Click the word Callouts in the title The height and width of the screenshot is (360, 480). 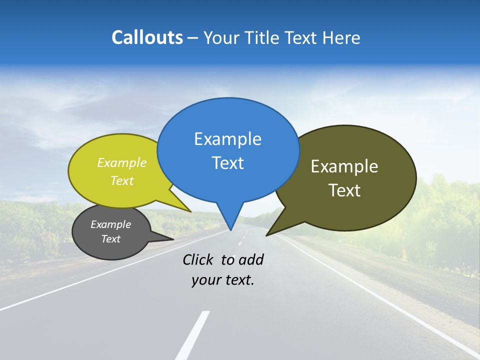(147, 37)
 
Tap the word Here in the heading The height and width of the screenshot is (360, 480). (341, 37)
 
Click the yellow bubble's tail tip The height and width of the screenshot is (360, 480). (190, 211)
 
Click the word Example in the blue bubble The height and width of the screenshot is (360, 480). (227, 139)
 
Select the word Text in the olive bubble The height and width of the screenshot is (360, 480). (344, 190)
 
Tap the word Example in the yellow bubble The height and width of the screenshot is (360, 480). (122, 162)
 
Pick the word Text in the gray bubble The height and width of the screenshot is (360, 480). (111, 239)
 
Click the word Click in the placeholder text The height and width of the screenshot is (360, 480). (197, 259)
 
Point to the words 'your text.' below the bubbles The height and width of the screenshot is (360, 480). (223, 280)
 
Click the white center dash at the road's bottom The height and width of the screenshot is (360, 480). (192, 335)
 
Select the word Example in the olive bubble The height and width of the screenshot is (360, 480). (344, 166)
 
